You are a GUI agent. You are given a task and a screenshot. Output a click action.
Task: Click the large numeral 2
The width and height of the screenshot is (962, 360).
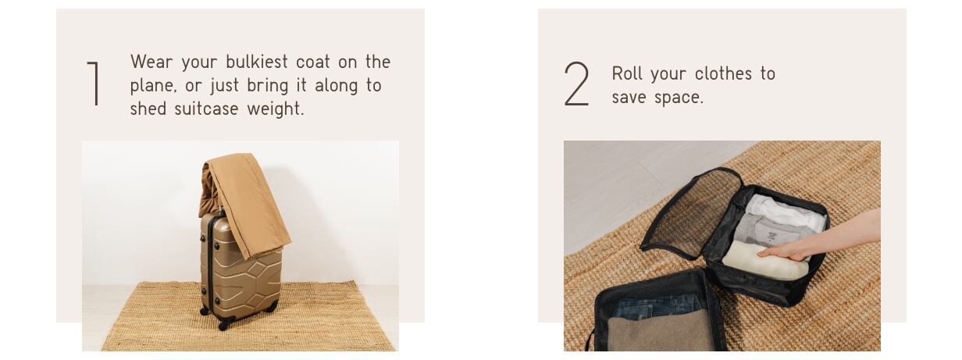point(576,84)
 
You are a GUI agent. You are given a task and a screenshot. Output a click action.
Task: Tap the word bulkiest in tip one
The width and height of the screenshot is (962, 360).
point(257,62)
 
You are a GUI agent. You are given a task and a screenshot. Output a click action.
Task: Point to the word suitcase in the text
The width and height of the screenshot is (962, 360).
point(206,109)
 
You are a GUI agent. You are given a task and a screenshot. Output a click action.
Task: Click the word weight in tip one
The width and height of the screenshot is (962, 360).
point(276,109)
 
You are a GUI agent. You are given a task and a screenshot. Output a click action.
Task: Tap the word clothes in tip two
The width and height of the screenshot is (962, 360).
point(723,73)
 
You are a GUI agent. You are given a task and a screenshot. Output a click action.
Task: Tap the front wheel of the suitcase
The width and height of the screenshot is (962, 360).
point(224,325)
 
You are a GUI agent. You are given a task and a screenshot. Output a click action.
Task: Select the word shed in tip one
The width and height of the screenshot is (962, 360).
point(148,109)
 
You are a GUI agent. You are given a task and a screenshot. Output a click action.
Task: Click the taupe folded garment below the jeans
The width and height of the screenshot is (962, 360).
point(661,332)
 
